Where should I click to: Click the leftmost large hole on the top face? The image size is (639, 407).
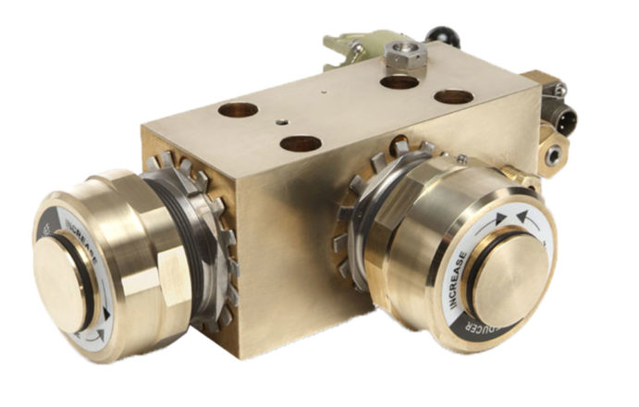pyautogui.click(x=238, y=111)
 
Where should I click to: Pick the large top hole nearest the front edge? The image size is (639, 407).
pyautogui.click(x=301, y=143)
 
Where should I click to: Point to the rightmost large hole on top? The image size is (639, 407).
pyautogui.click(x=453, y=96)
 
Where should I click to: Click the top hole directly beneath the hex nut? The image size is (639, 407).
pyautogui.click(x=399, y=82)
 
